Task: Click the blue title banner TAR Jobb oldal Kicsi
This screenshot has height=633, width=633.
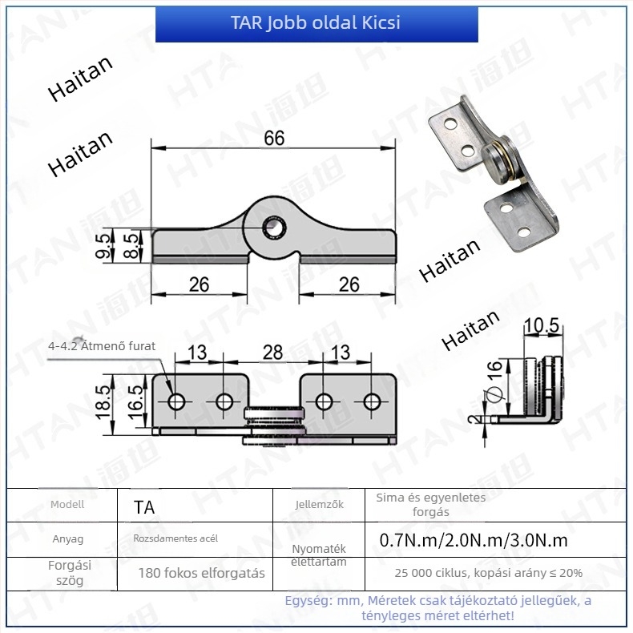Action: tap(316, 23)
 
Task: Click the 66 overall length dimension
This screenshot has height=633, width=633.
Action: tap(274, 138)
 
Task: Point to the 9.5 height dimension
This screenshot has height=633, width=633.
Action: tap(103, 245)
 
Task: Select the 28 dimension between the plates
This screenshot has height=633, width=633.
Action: tap(272, 352)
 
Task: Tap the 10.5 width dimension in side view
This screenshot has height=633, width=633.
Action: tap(542, 325)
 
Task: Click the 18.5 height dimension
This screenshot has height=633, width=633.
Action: tap(103, 402)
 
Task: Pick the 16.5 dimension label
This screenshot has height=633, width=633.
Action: tap(135, 402)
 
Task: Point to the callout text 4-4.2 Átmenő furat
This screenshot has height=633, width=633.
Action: tap(102, 346)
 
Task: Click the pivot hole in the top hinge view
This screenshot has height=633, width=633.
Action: tap(274, 228)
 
